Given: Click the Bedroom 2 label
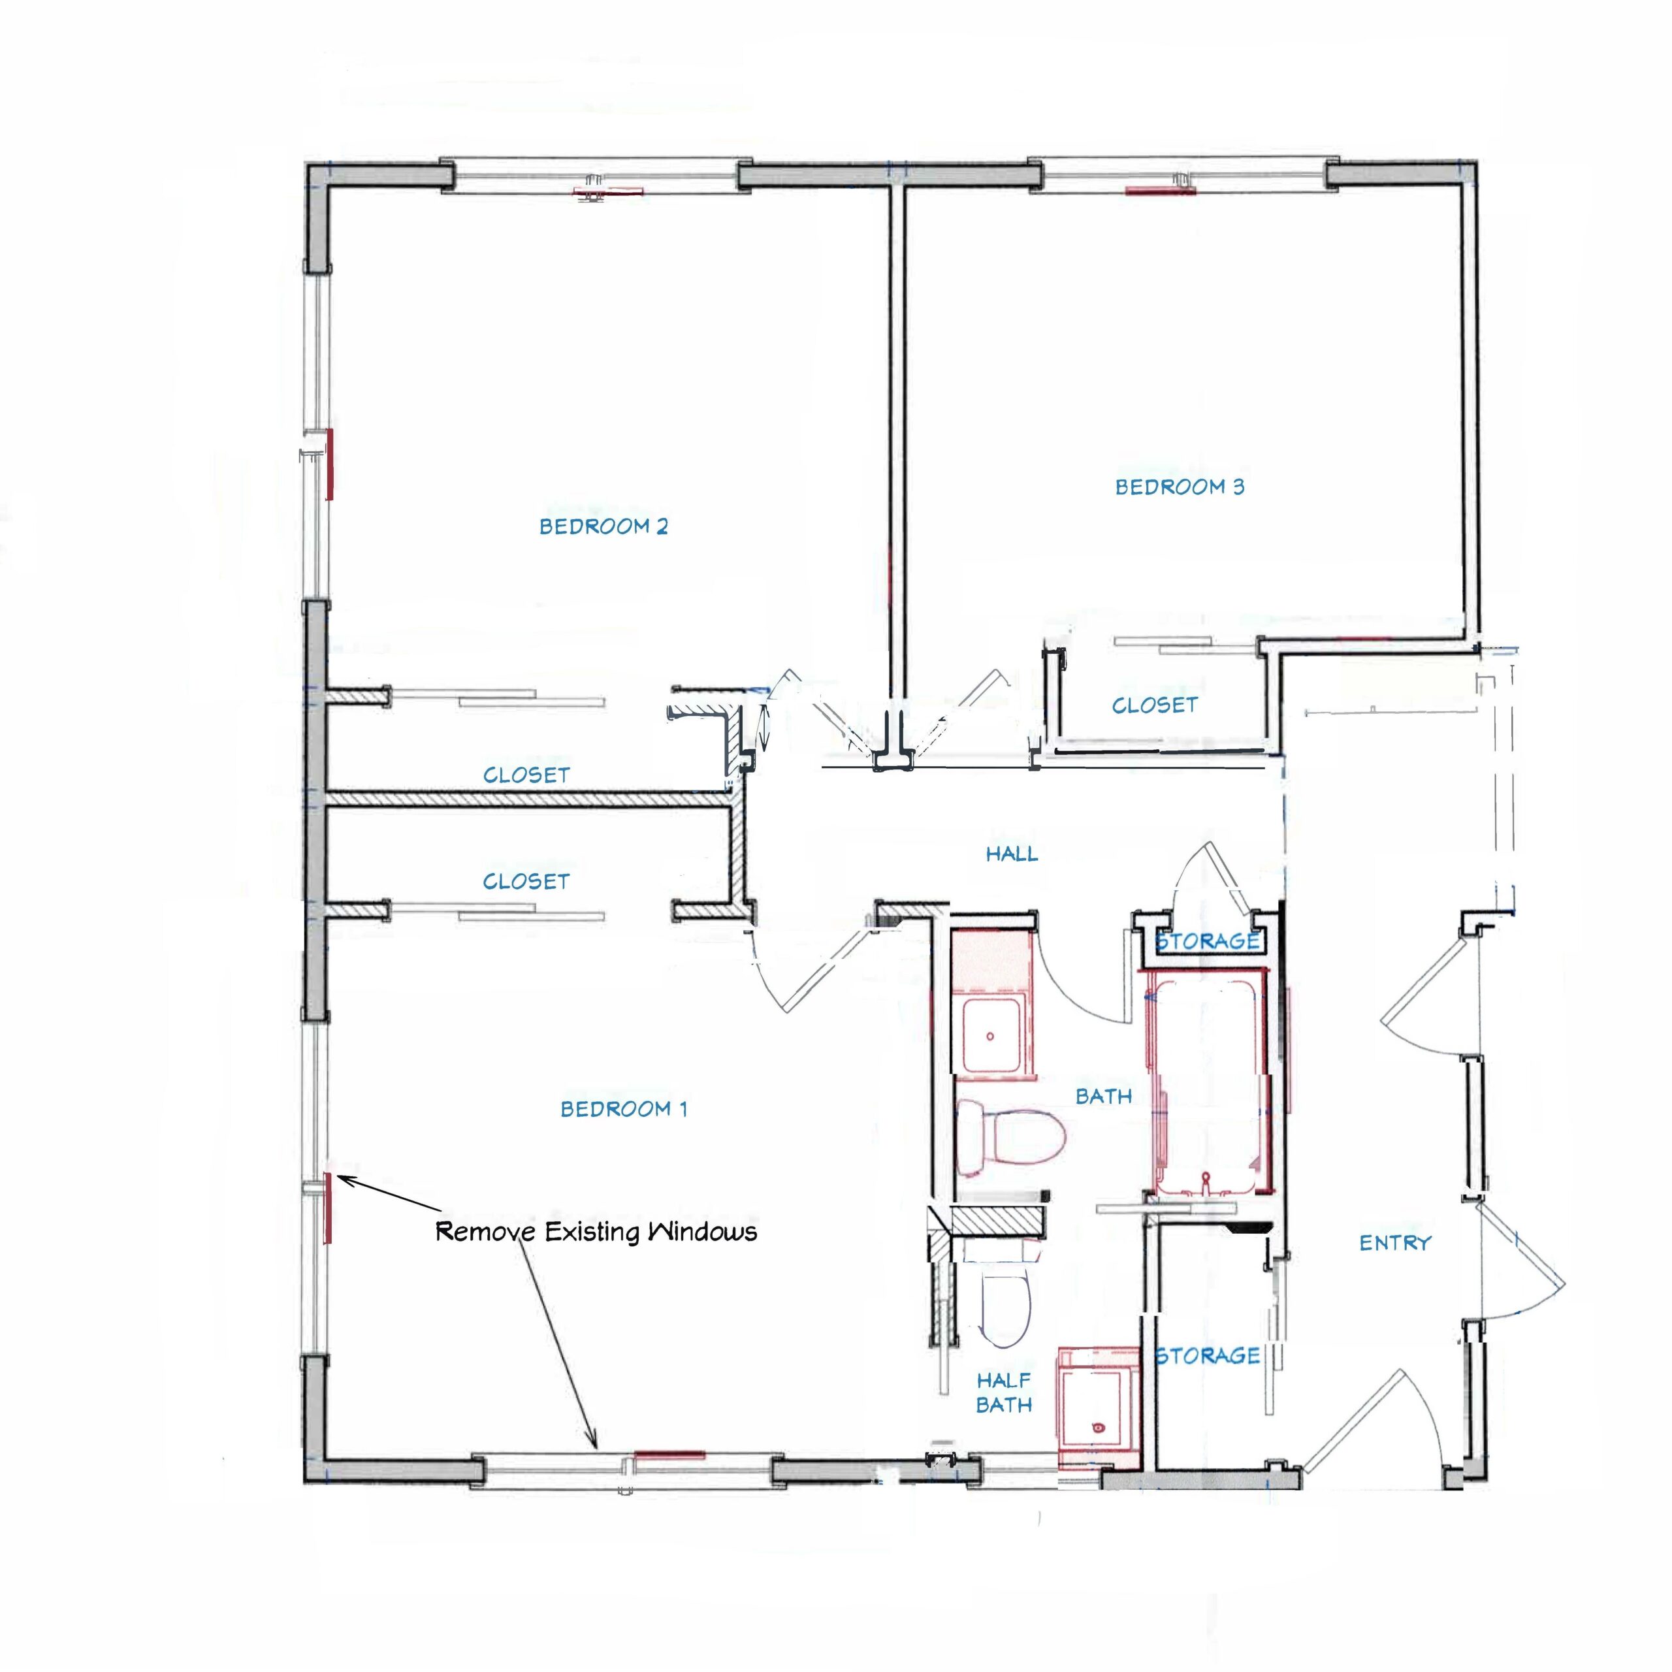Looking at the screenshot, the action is click(603, 526).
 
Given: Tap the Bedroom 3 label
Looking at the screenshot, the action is click(1180, 487).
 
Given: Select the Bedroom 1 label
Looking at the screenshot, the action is click(624, 1108).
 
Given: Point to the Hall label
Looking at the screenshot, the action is click(1012, 854).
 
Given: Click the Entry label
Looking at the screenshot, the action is click(1395, 1243).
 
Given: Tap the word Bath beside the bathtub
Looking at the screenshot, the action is click(1103, 1097).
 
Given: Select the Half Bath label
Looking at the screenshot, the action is click(1004, 1392).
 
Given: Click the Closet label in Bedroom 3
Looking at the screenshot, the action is click(1155, 705).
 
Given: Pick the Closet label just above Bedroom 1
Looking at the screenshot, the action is click(526, 882).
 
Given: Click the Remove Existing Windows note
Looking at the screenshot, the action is click(596, 1232).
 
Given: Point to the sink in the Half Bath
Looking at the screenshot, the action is click(1097, 1408).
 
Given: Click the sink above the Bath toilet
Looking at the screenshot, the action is click(994, 1036).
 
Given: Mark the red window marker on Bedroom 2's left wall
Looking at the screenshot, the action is click(330, 463).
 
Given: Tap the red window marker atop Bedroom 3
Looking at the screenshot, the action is click(1161, 191).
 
